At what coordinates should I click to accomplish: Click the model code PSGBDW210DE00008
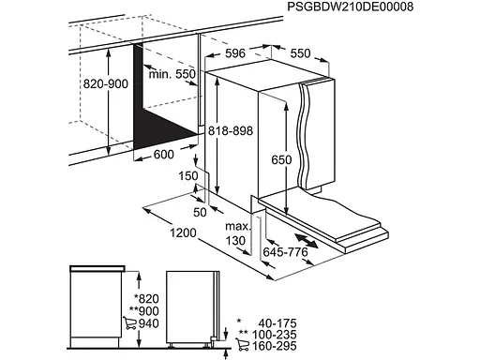click(350, 7)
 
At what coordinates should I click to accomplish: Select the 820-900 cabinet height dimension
click(106, 83)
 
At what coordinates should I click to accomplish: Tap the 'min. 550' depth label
click(172, 74)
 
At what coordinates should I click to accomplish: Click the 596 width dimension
click(235, 53)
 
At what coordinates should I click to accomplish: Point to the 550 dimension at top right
click(300, 53)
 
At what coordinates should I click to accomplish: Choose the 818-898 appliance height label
click(231, 130)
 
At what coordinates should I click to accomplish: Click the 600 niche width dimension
click(164, 154)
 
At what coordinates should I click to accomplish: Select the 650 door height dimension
click(281, 159)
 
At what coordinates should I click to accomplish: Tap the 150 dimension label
click(188, 176)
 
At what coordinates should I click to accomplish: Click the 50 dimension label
click(200, 212)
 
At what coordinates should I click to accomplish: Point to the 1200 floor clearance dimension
click(183, 232)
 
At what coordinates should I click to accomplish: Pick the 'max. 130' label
click(238, 233)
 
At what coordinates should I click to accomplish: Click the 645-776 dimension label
click(285, 251)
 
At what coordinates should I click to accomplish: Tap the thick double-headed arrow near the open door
click(307, 241)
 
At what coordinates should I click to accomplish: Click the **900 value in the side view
click(144, 311)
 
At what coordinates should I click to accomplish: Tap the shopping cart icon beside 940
click(129, 322)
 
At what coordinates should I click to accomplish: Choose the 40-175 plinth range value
click(277, 323)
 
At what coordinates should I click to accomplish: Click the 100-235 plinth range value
click(274, 335)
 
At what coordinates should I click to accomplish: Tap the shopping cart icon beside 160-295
click(242, 344)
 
